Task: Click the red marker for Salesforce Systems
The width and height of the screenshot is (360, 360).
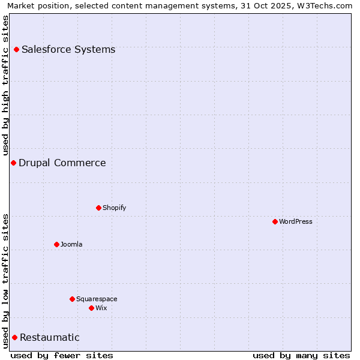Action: click(x=16, y=49)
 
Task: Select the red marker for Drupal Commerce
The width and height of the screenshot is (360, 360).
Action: click(x=13, y=163)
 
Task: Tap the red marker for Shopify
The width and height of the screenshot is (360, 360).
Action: click(x=98, y=208)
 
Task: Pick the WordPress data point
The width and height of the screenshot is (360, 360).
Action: click(x=275, y=221)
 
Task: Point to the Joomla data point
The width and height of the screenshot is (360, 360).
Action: click(x=56, y=244)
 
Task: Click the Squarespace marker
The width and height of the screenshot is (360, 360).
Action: click(x=72, y=299)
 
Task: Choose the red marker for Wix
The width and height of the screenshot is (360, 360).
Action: click(x=91, y=308)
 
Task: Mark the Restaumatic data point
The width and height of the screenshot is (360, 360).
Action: click(x=14, y=337)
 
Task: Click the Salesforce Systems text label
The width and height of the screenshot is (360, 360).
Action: click(x=68, y=49)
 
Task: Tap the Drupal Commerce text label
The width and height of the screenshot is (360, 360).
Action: click(x=62, y=163)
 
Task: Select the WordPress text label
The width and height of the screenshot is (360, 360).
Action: click(x=296, y=221)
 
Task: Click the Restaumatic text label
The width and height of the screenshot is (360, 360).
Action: click(x=50, y=337)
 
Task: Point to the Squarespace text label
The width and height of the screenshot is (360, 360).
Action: click(x=97, y=299)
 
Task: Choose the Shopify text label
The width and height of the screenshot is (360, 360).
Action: click(x=114, y=208)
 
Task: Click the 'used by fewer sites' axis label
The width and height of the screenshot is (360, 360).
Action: click(x=62, y=355)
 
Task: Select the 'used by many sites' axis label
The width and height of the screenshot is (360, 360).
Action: click(x=301, y=355)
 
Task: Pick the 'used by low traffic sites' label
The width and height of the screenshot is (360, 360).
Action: click(x=5, y=281)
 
